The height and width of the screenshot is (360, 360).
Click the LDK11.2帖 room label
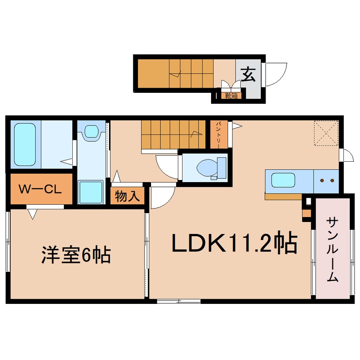pyautogui.click(x=234, y=243)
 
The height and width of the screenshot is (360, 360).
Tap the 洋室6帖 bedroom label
pyautogui.click(x=76, y=255)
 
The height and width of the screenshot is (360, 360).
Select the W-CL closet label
pyautogui.click(x=41, y=189)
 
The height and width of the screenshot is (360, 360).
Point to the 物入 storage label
pyautogui.click(x=127, y=197)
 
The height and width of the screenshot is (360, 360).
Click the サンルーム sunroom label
pyautogui.click(x=332, y=249)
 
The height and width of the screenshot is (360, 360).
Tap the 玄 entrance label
pyautogui.click(x=249, y=75)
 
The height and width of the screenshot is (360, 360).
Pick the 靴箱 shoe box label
pyautogui.click(x=231, y=96)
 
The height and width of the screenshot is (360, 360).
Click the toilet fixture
pyautogui.click(x=209, y=167)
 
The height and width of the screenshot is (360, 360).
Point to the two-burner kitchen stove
pyautogui.click(x=327, y=180)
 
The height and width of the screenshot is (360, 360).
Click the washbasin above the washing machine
pyautogui.click(x=91, y=131)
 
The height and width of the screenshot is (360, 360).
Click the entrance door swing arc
pyautogui.click(x=277, y=74)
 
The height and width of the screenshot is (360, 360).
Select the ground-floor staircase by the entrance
pyautogui.click(x=174, y=73)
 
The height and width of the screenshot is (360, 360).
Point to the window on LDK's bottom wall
pyautogui.click(x=179, y=301)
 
